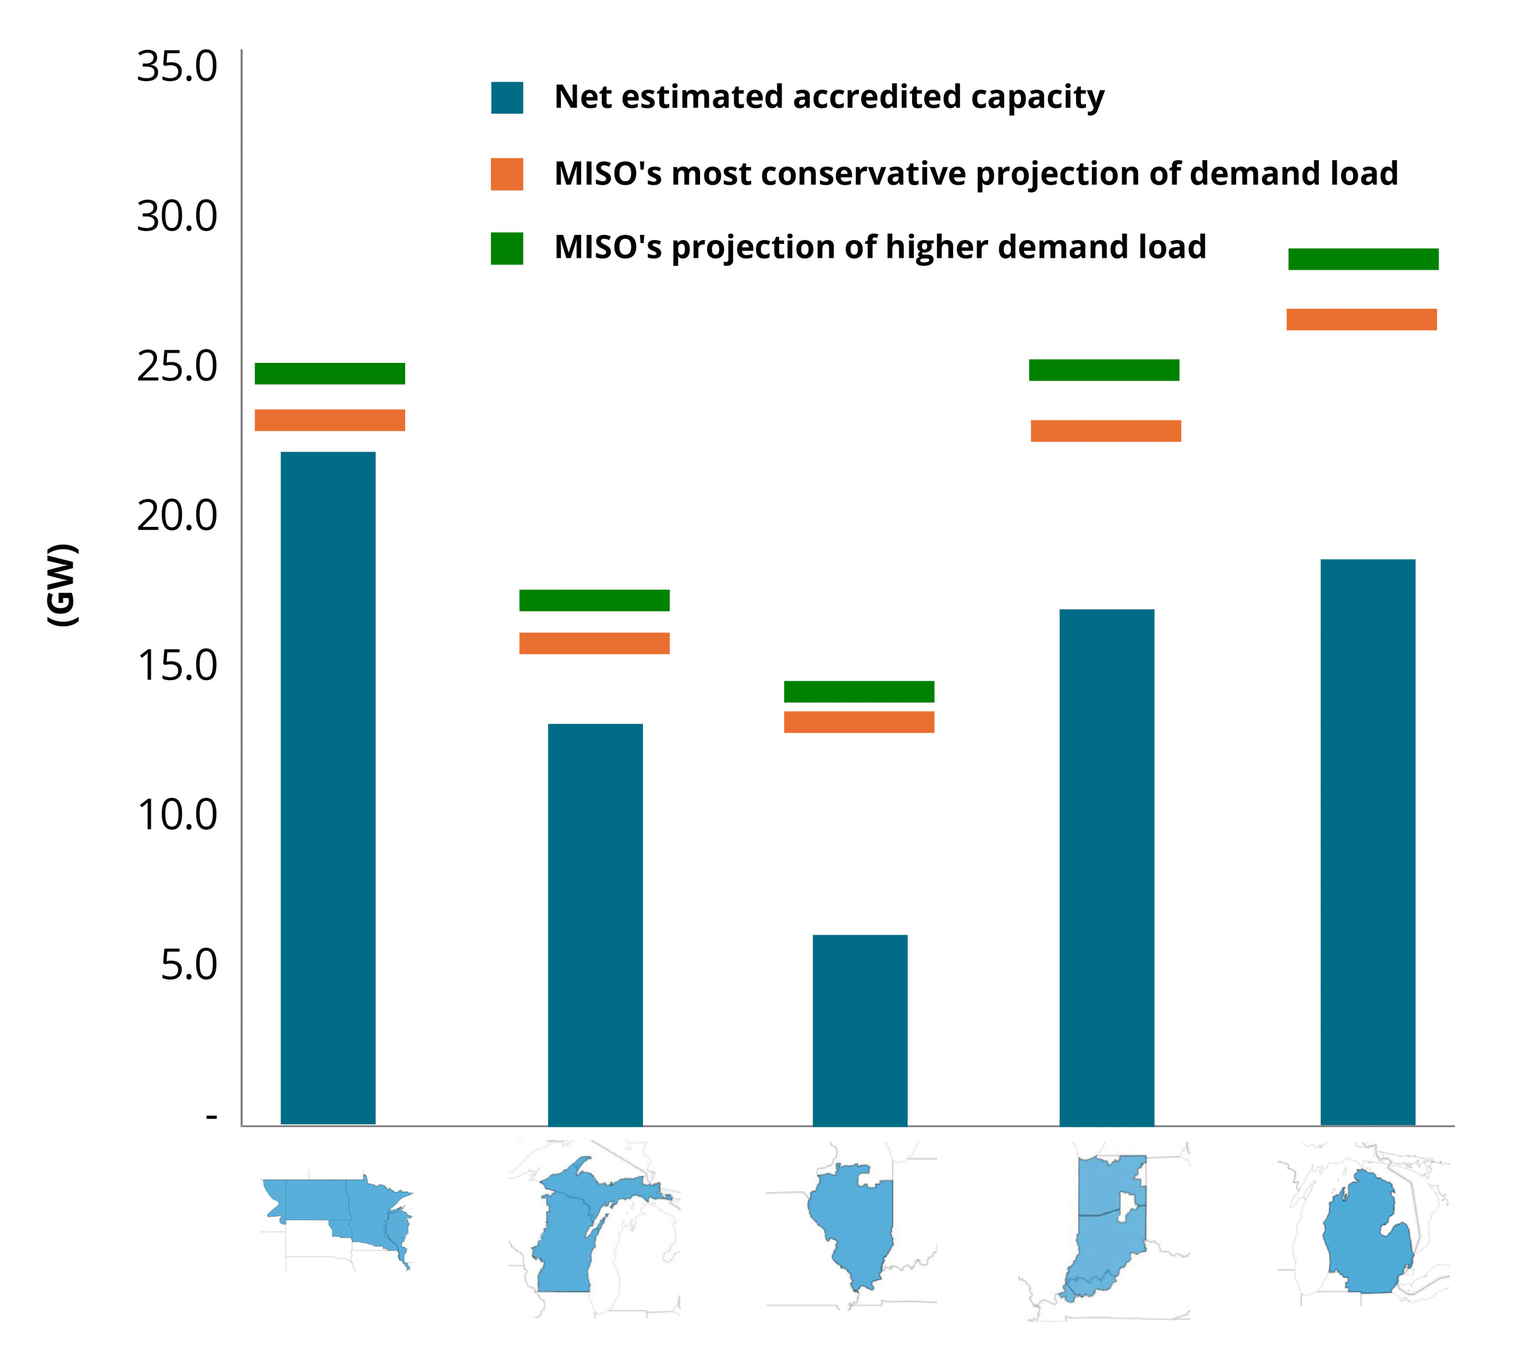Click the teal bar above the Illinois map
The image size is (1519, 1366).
pos(860,1030)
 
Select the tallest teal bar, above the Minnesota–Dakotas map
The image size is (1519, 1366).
pos(328,787)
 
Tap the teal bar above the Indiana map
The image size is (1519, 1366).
pos(1106,867)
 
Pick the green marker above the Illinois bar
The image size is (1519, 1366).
pos(859,692)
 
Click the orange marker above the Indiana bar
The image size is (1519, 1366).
pos(1106,431)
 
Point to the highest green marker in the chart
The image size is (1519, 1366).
pos(1363,259)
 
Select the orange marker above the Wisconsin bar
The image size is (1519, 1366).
pos(594,643)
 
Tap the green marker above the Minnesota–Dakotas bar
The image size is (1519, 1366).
pos(330,373)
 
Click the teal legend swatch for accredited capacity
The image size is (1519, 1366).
pos(507,98)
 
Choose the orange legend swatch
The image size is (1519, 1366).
pos(507,174)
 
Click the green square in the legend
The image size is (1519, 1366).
pos(507,248)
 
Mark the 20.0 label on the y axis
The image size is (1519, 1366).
pos(177,515)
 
